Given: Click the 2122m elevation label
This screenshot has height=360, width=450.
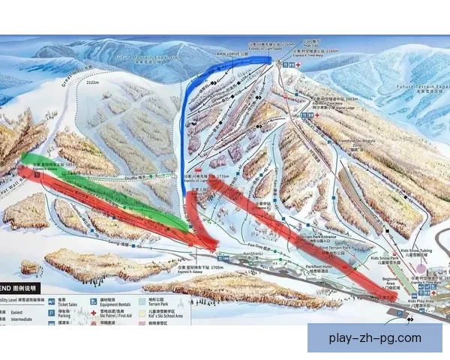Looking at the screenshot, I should pos(93,84).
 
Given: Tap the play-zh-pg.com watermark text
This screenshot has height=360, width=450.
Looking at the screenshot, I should pos(375,338).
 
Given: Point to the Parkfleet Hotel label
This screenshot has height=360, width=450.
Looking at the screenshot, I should pos(323,265).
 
